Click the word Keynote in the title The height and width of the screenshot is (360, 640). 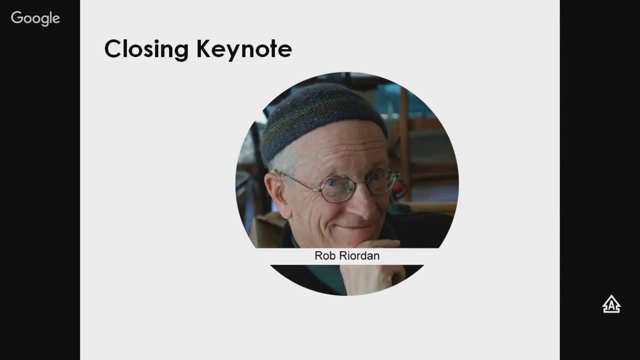pyautogui.click(x=244, y=49)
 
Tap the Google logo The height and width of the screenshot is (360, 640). pyautogui.click(x=35, y=18)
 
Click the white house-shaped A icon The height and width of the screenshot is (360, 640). pyautogui.click(x=611, y=304)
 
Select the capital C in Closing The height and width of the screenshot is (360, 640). pyautogui.click(x=113, y=49)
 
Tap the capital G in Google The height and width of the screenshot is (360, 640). pyautogui.click(x=17, y=18)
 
